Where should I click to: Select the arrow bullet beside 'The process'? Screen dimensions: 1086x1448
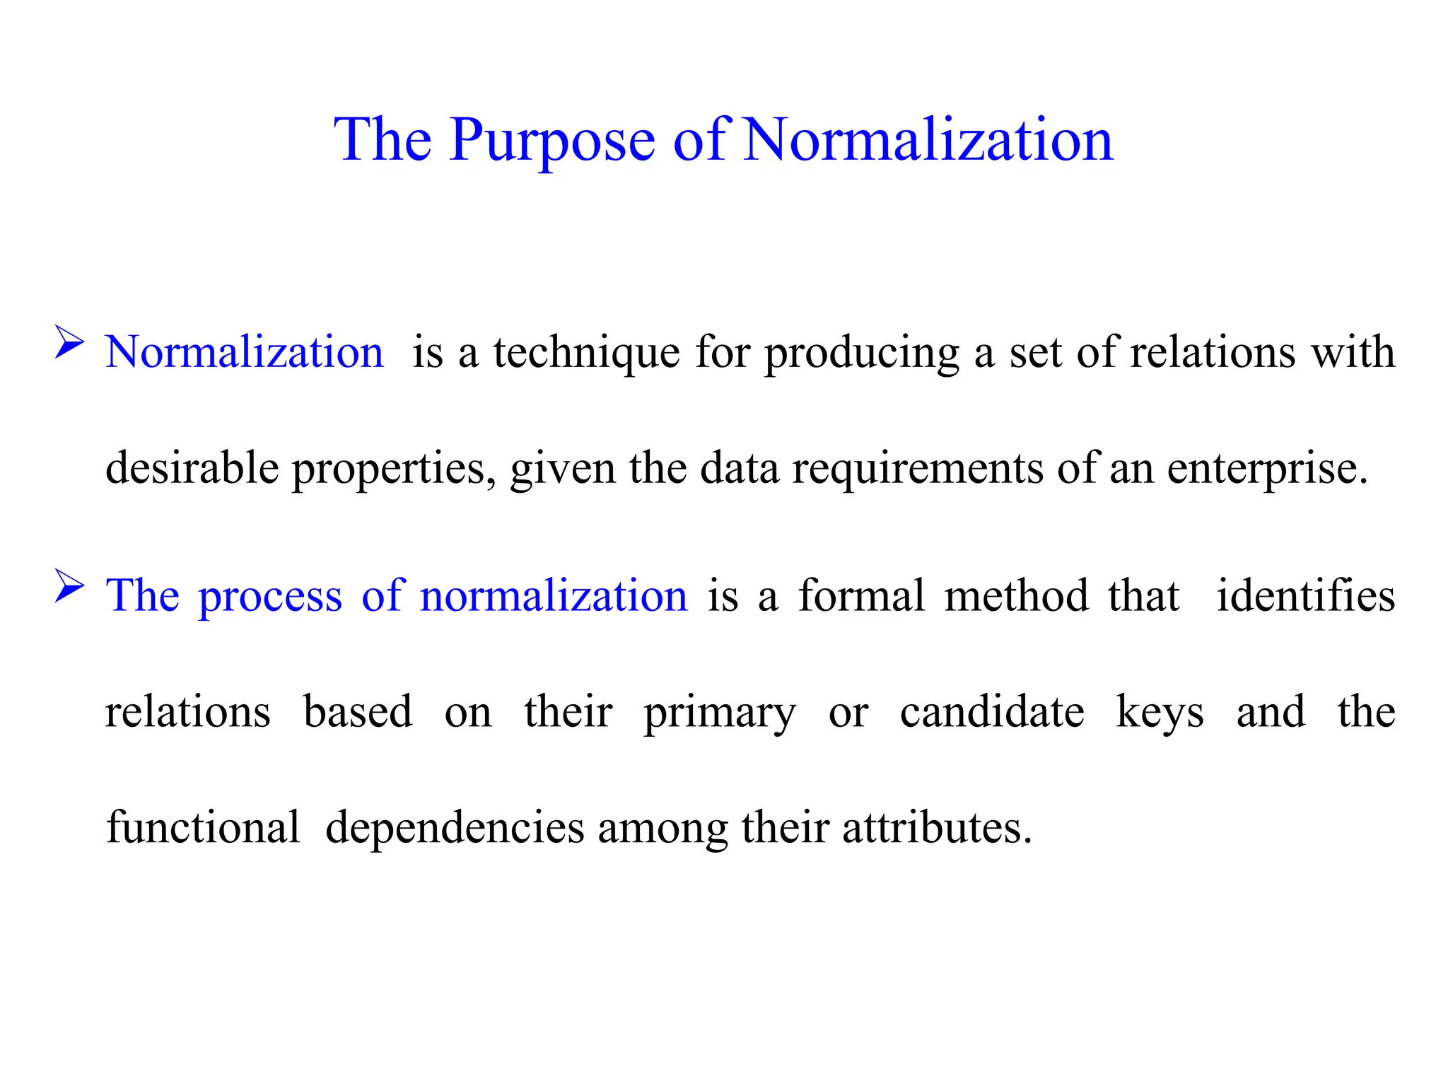69,586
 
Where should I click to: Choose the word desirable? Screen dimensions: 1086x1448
192,468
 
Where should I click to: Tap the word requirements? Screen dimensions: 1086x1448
917,468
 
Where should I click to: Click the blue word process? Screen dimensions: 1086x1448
269,595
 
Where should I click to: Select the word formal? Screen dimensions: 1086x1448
861,595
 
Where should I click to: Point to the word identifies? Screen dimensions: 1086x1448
1305,595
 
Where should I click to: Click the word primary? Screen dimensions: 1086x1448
719,712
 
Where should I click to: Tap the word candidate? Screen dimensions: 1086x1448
991,712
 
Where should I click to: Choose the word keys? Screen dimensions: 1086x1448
1160,712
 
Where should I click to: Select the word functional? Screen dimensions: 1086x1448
203,828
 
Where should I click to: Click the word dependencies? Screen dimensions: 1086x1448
455,828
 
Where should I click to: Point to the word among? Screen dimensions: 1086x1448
662,828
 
